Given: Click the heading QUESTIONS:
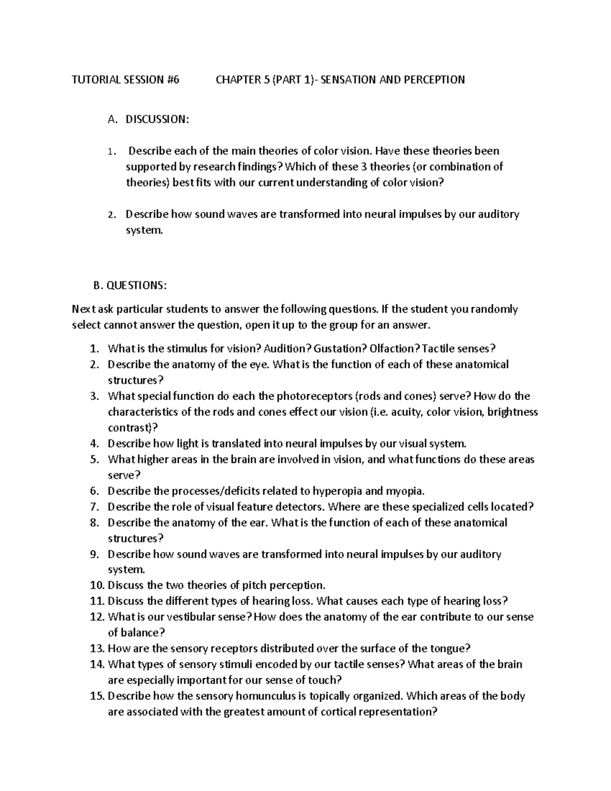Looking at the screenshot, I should (x=136, y=285).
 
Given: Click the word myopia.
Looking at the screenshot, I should (x=404, y=491).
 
